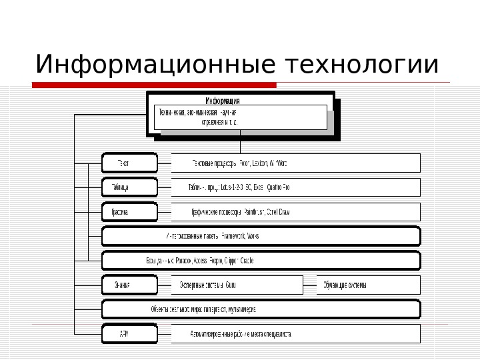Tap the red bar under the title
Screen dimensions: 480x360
[154, 85]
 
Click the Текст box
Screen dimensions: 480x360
[129, 163]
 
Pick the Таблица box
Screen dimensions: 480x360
[129, 187]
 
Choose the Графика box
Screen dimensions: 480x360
[129, 212]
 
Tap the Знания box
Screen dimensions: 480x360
[129, 285]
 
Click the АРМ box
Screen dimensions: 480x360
[129, 333]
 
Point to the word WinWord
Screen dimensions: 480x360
[276, 163]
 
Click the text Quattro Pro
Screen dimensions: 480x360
[275, 187]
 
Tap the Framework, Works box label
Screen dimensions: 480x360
[212, 236]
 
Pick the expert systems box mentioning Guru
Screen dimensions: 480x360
[237, 285]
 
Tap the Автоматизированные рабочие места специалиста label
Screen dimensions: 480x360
[241, 333]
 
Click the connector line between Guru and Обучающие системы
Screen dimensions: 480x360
[309, 285]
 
